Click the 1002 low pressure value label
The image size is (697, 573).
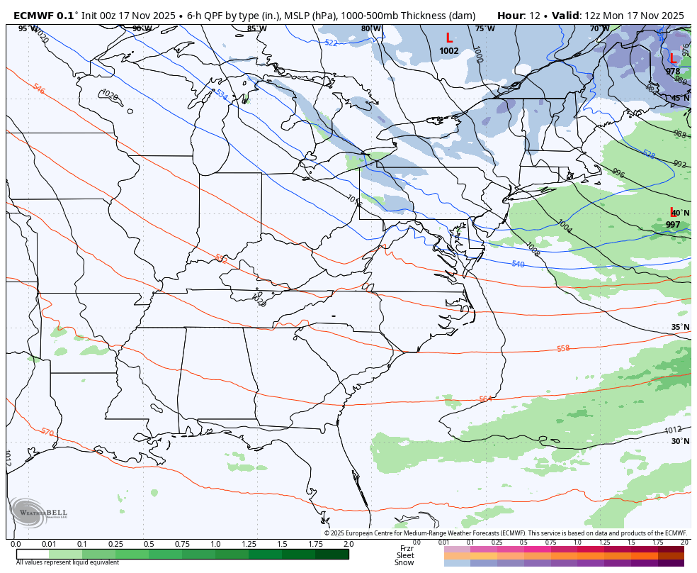(448, 51)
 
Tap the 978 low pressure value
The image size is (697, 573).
(672, 72)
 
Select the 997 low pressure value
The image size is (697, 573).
(672, 225)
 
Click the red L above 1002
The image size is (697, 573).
(448, 38)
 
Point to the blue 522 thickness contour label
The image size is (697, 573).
(331, 43)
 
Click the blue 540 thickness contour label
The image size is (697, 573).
(518, 264)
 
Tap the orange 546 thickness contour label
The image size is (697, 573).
(39, 89)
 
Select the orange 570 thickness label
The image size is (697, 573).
(47, 432)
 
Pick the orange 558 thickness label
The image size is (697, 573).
(563, 348)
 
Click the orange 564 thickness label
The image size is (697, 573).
(485, 399)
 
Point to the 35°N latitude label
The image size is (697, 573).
(680, 327)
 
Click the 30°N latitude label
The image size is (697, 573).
(680, 441)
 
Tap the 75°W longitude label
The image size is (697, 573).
(484, 28)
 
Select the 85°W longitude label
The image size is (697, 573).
(256, 28)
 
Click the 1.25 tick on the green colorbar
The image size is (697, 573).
(249, 544)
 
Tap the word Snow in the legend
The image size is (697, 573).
(404, 562)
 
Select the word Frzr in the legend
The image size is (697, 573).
(406, 548)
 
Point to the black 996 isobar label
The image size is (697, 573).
(618, 173)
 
